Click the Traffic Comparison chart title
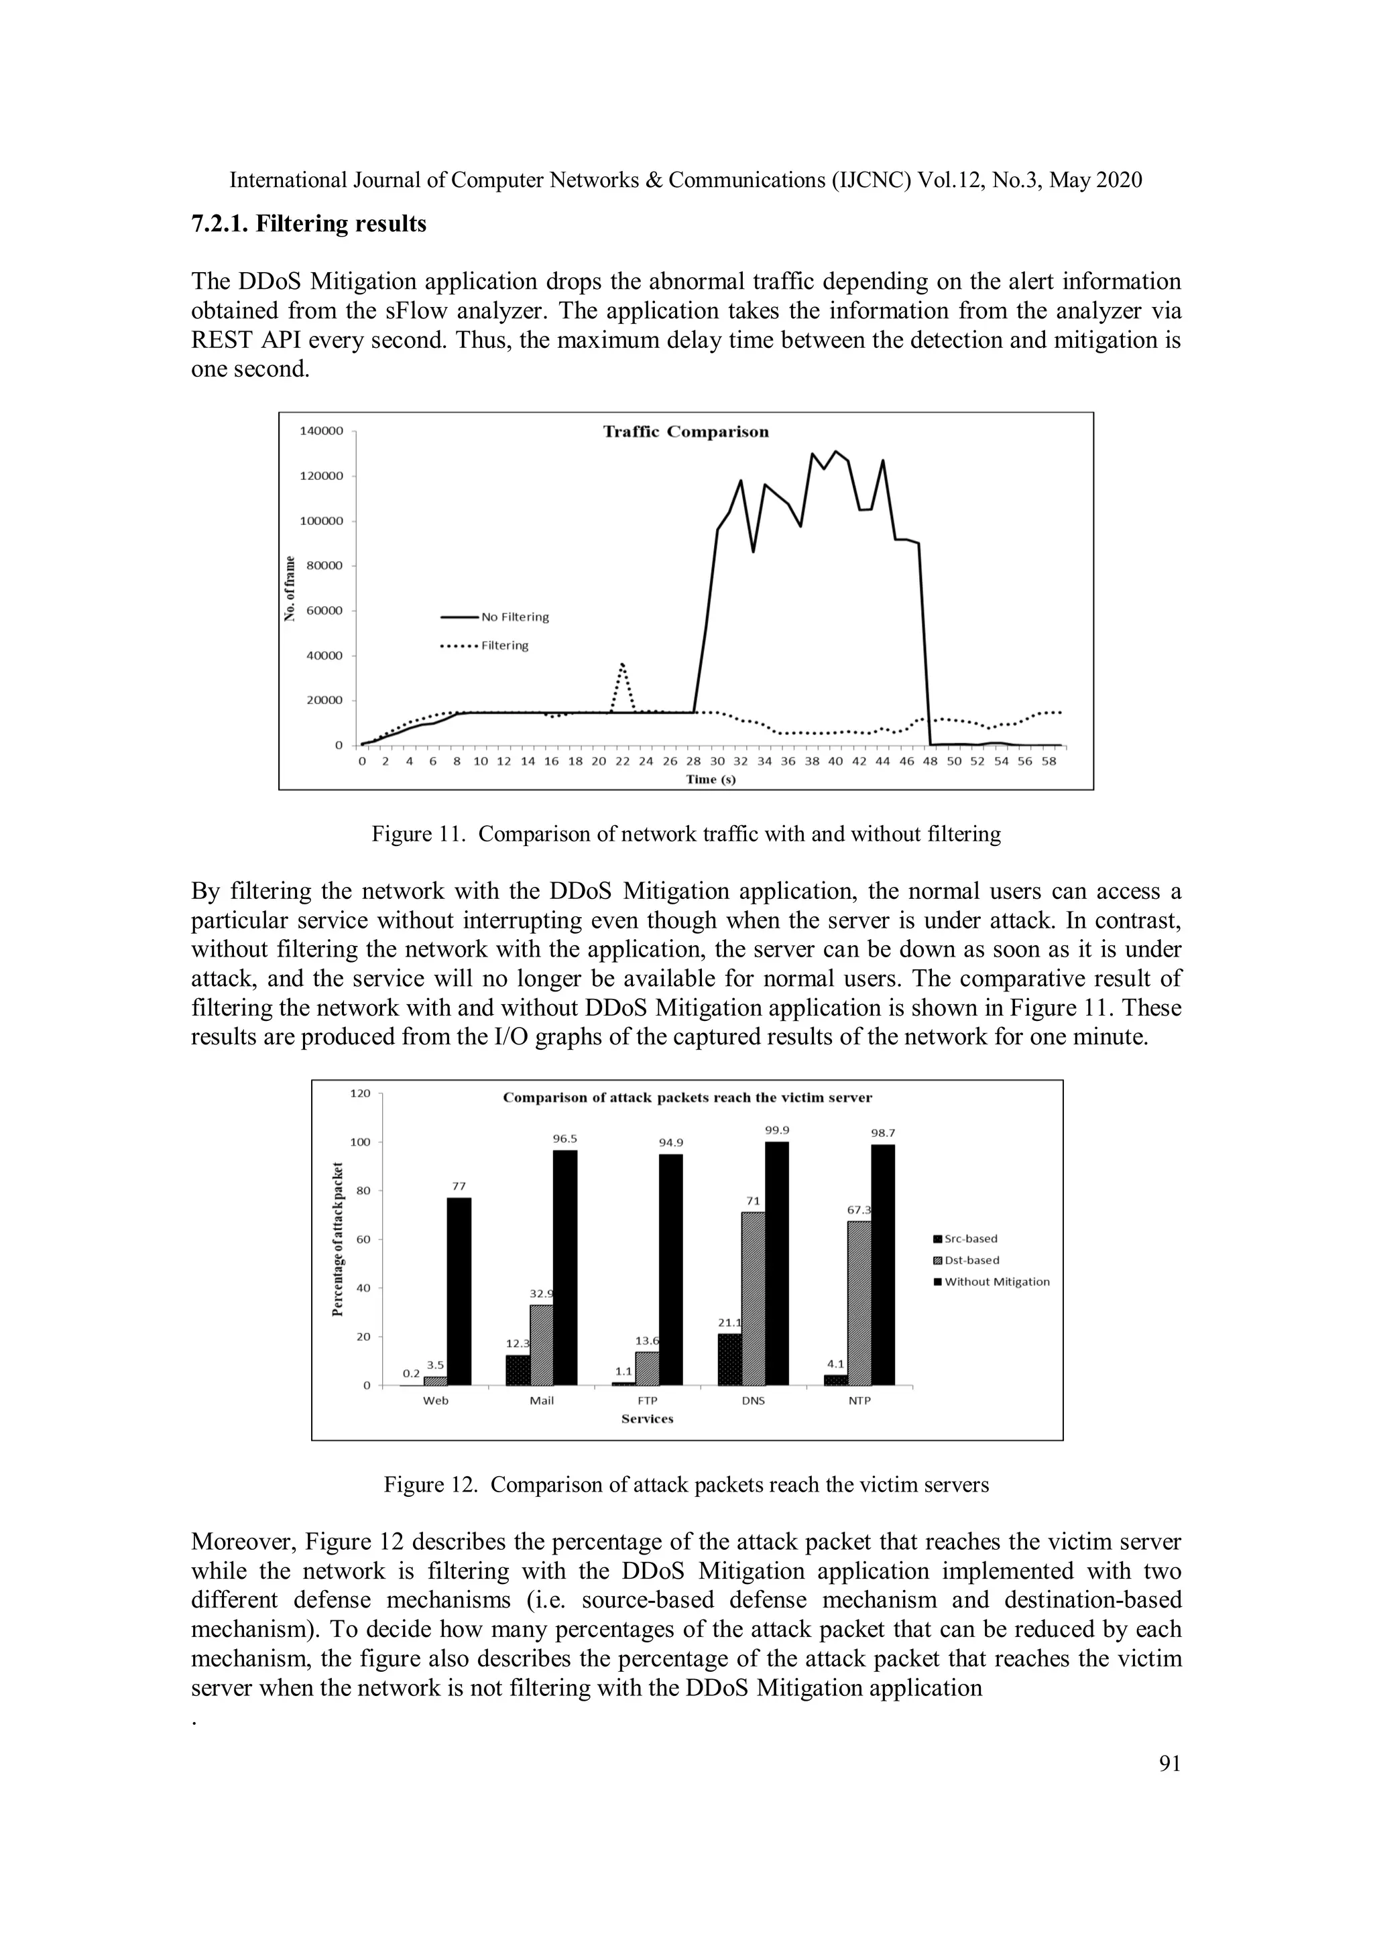click(x=685, y=432)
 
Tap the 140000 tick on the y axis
click(x=322, y=430)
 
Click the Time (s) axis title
click(x=711, y=779)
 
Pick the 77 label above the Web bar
click(x=459, y=1186)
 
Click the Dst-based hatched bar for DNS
click(x=753, y=1298)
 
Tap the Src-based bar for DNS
click(x=729, y=1359)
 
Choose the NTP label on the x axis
click(x=859, y=1400)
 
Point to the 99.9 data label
click(x=776, y=1130)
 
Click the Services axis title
click(x=647, y=1418)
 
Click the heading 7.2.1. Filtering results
click(x=309, y=224)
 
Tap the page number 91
click(x=1169, y=1764)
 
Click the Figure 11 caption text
click(x=686, y=834)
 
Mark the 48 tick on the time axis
click(x=930, y=762)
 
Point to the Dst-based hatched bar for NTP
click(x=859, y=1302)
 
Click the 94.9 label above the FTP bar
click(x=671, y=1143)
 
